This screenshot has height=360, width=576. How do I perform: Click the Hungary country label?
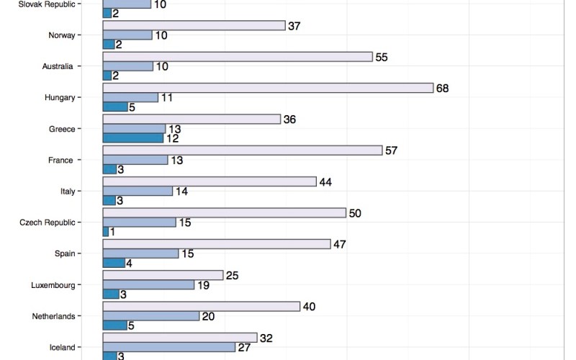tap(59, 97)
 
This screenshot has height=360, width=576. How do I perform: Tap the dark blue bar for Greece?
tap(133, 138)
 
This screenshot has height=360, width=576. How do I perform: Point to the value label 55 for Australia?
tap(382, 57)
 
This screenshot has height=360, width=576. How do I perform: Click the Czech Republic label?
tap(48, 222)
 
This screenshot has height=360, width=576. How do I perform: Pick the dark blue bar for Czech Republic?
tap(106, 232)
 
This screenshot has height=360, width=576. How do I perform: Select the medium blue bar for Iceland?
tap(169, 347)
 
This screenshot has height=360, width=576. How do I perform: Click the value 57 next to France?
tap(392, 150)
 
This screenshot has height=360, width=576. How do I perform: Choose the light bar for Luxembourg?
tap(163, 275)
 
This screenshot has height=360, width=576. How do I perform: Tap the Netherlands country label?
tap(53, 316)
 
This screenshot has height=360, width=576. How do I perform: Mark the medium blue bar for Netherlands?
tap(151, 316)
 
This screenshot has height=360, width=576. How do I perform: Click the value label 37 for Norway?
tap(294, 26)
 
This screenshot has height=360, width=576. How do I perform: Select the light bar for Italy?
tap(210, 181)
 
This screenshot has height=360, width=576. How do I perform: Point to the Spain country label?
tap(64, 253)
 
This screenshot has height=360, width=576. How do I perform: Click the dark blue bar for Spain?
tap(114, 263)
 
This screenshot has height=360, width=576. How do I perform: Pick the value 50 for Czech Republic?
tap(355, 212)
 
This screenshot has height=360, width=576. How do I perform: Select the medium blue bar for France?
tap(135, 160)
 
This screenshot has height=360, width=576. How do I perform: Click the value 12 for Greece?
tap(173, 139)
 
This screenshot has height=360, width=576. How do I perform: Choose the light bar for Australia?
tap(238, 57)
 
